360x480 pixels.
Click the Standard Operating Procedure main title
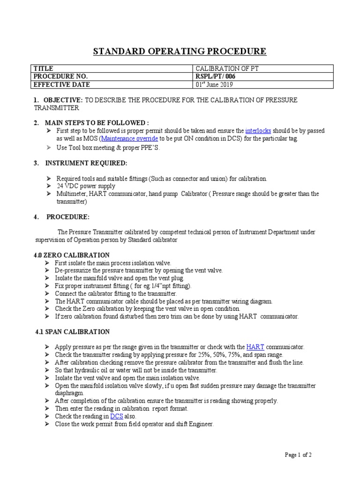click(x=180, y=51)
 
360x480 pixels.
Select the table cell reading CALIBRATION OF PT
click(x=227, y=68)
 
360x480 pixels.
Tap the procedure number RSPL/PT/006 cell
click(x=216, y=76)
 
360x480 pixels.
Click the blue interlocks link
click(x=258, y=131)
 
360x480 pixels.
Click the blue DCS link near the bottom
click(x=116, y=416)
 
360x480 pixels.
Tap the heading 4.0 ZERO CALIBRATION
click(x=73, y=255)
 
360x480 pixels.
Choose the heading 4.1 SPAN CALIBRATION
click(x=73, y=332)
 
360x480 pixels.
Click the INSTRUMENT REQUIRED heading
click(x=86, y=163)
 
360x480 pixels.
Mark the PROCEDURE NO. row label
click(x=60, y=76)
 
